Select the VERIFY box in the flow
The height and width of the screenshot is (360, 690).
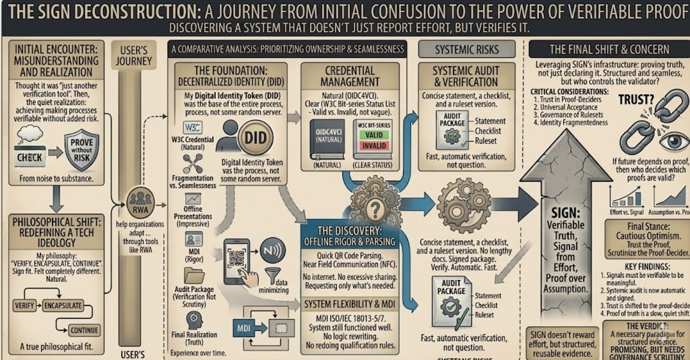coord(25,305)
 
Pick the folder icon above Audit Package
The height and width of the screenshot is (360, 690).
coord(195,275)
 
